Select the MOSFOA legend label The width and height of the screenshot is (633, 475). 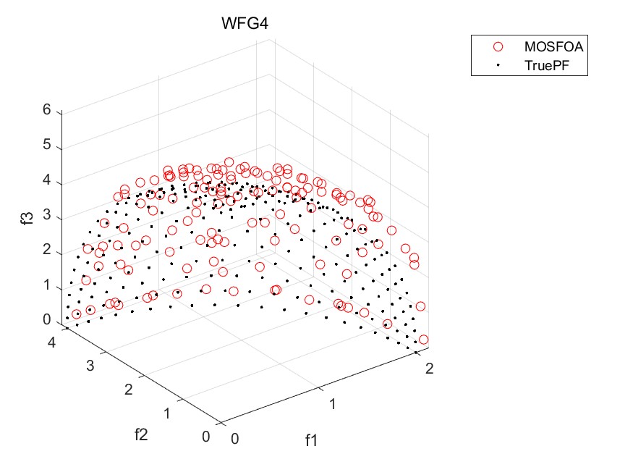(x=553, y=46)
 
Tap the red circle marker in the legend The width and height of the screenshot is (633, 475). (x=498, y=46)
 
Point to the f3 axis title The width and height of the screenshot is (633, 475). (x=28, y=216)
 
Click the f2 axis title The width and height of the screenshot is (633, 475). (x=143, y=434)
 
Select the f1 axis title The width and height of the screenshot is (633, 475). (x=312, y=440)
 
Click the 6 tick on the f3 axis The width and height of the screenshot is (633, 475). (x=46, y=111)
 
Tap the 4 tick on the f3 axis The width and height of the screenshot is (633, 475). (x=46, y=181)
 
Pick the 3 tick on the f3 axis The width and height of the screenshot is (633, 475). (x=46, y=217)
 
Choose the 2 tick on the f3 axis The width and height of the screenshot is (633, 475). (x=46, y=251)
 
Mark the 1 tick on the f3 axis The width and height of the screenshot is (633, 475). (x=46, y=286)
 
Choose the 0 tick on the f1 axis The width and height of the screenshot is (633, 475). (x=234, y=439)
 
